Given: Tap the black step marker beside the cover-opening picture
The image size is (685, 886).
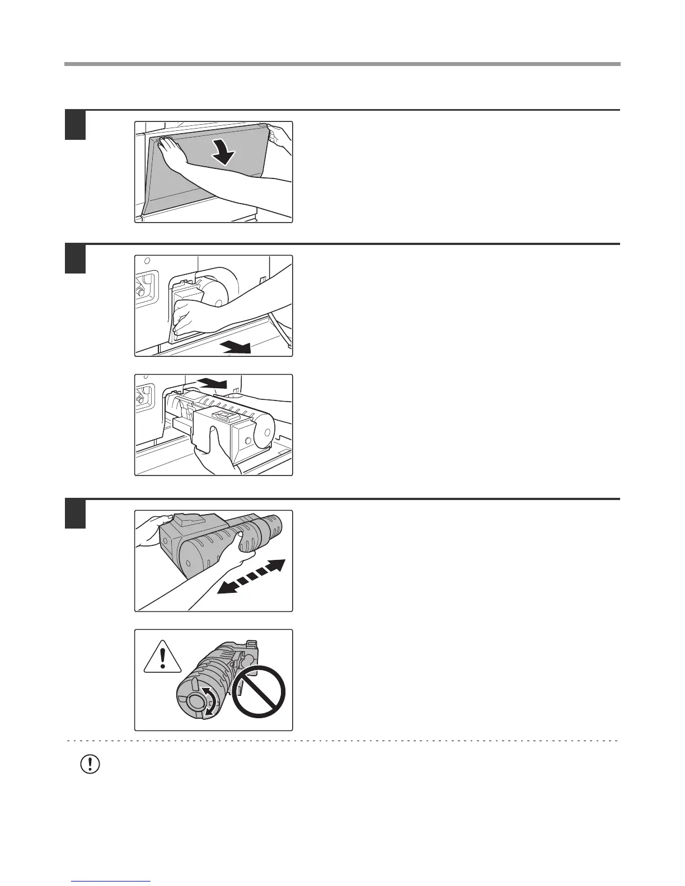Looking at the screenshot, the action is pyautogui.click(x=75, y=125).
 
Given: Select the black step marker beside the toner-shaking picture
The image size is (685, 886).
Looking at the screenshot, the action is pyautogui.click(x=75, y=514).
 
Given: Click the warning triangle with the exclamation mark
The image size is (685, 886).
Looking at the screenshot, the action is pyautogui.click(x=162, y=657).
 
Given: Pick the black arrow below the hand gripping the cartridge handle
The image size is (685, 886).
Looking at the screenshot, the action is pyautogui.click(x=235, y=348).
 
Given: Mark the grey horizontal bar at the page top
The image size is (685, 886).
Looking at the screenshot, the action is pyautogui.click(x=342, y=64).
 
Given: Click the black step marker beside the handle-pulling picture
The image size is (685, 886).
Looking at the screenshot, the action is pyautogui.click(x=75, y=259).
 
